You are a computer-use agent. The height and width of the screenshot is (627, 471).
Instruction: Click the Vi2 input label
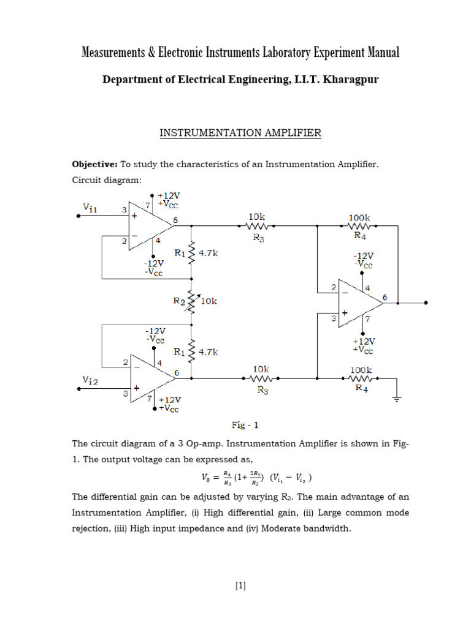click(x=91, y=381)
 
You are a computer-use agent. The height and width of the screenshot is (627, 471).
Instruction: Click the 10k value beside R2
click(x=209, y=301)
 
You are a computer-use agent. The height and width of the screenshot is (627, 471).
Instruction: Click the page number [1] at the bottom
click(x=240, y=586)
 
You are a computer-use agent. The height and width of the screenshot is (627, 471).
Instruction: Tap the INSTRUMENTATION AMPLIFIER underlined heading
click(x=240, y=133)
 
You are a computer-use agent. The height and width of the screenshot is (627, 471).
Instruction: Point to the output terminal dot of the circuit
click(x=426, y=302)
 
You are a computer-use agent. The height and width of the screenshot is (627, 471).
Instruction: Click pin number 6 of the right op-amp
click(x=385, y=297)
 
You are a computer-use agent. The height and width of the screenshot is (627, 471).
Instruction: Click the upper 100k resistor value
click(x=359, y=217)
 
